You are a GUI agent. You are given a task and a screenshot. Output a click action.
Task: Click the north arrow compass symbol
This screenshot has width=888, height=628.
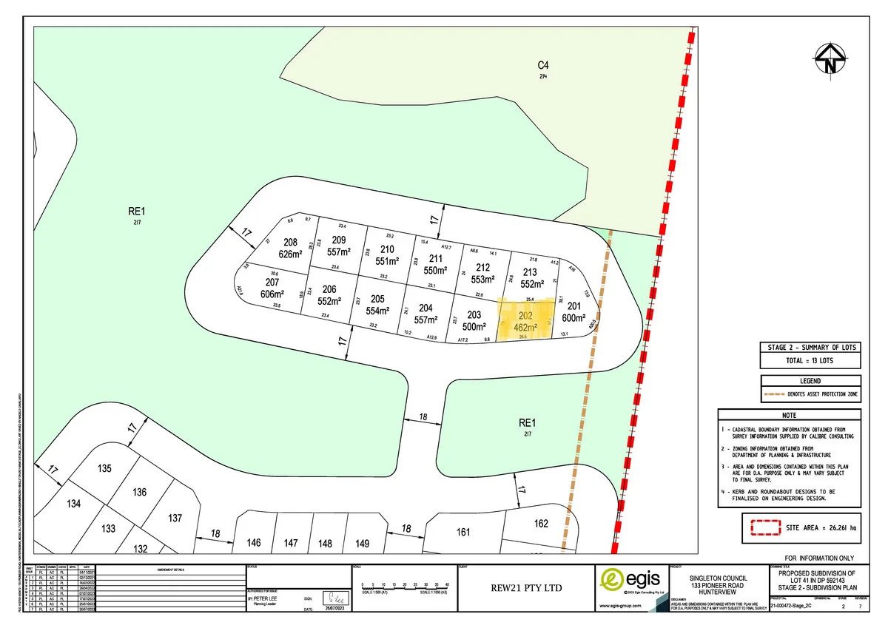(x=830, y=60)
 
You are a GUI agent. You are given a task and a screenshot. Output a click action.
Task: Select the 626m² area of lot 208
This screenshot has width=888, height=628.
(x=291, y=254)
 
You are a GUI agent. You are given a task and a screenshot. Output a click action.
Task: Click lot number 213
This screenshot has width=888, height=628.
(x=529, y=272)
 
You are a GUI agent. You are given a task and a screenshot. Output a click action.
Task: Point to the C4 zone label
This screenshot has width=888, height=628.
(x=543, y=65)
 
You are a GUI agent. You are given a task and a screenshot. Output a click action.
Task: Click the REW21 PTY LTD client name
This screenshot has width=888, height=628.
(x=526, y=588)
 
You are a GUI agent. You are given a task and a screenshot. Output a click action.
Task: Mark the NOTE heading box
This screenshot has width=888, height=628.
(x=788, y=416)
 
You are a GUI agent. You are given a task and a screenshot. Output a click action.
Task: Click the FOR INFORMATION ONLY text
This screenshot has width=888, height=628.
(x=820, y=558)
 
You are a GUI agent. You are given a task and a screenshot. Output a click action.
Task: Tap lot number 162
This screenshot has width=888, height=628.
(x=541, y=524)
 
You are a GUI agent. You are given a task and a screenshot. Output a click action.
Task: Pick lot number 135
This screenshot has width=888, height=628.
(x=104, y=468)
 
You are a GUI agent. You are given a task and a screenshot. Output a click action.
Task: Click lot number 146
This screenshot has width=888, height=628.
(x=254, y=543)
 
